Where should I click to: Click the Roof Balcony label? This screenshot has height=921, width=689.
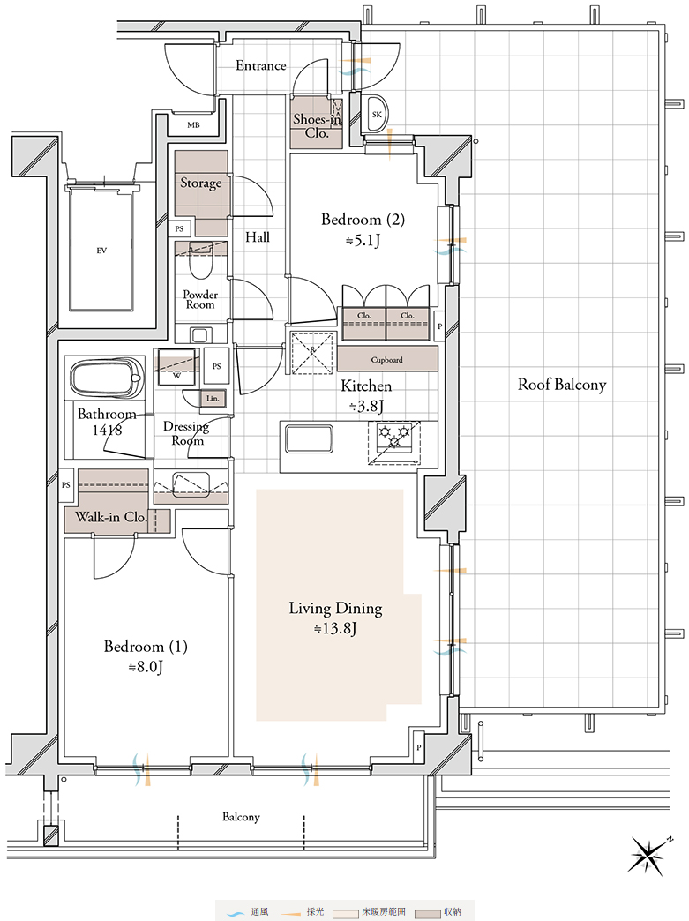pyautogui.click(x=562, y=385)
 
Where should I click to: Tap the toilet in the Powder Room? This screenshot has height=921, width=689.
pyautogui.click(x=200, y=265)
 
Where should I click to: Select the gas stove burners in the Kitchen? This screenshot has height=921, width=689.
pyautogui.click(x=394, y=436)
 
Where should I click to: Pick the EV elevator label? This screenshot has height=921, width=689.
pyautogui.click(x=101, y=251)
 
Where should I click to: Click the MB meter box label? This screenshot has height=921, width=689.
pyautogui.click(x=193, y=125)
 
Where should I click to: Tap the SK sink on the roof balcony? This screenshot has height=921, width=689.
pyautogui.click(x=377, y=114)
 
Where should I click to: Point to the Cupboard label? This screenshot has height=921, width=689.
pyautogui.click(x=386, y=359)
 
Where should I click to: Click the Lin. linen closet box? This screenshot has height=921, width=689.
pyautogui.click(x=213, y=398)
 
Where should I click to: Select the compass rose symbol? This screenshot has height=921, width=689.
pyautogui.click(x=648, y=855)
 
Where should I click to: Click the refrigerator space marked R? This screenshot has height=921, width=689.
pyautogui.click(x=312, y=352)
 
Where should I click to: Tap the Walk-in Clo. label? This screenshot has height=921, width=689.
pyautogui.click(x=111, y=518)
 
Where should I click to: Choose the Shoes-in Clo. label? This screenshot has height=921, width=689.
pyautogui.click(x=318, y=125)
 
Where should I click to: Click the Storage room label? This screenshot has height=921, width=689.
pyautogui.click(x=201, y=183)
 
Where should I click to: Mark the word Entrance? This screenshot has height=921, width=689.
pyautogui.click(x=261, y=66)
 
